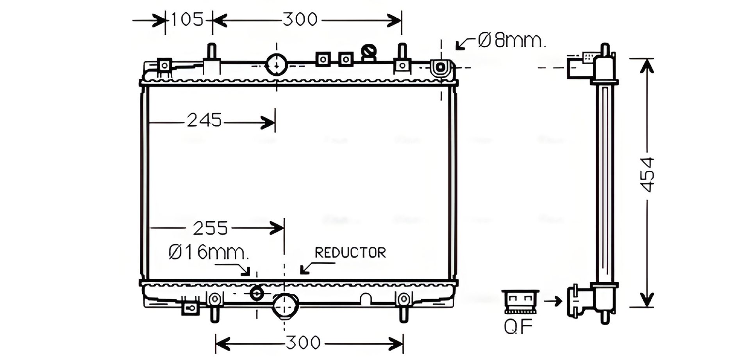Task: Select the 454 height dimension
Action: tap(647, 175)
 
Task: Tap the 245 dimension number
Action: tap(204, 120)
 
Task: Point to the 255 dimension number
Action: tap(210, 228)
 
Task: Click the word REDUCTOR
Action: tap(350, 253)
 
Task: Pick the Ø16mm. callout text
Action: tap(208, 252)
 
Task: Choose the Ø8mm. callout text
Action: tap(511, 41)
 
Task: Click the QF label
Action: tap(518, 327)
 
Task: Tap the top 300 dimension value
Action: tap(300, 19)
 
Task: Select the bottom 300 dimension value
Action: tap(303, 343)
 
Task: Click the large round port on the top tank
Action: tap(277, 64)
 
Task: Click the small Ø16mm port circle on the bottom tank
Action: tap(257, 293)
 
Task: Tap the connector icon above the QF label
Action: tap(520, 301)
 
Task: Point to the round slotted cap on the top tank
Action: tap(369, 51)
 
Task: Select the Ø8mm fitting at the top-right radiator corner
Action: tap(440, 67)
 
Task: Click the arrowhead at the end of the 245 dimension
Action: tap(270, 123)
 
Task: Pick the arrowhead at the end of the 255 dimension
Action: tap(278, 227)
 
